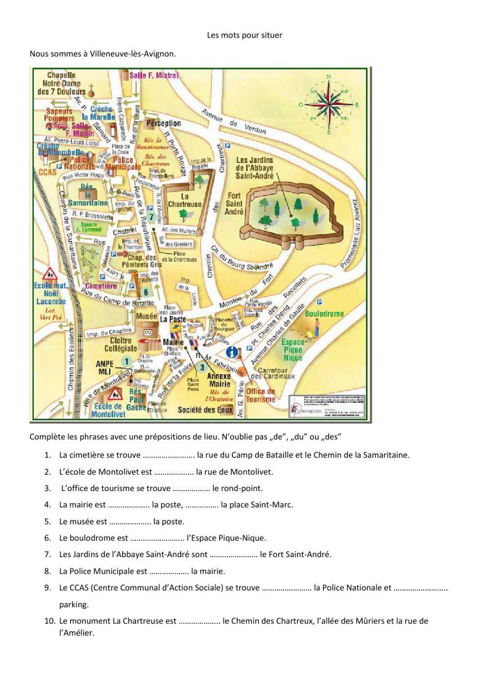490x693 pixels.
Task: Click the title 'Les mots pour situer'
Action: (x=245, y=35)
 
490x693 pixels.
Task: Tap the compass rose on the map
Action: (x=329, y=104)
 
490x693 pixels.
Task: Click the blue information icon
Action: (x=233, y=352)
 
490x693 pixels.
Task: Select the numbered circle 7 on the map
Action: (x=152, y=216)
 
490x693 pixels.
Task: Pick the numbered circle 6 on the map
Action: (x=146, y=293)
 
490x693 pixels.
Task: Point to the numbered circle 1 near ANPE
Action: (x=126, y=361)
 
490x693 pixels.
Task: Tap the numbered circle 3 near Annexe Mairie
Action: (x=201, y=366)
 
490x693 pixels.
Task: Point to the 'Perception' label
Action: (x=164, y=124)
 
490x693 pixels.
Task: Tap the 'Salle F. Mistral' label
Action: (x=154, y=76)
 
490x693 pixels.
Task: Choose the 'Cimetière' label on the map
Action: (x=101, y=285)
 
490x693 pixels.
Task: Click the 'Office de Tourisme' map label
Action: (x=260, y=395)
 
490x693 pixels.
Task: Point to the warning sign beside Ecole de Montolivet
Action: (x=116, y=393)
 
